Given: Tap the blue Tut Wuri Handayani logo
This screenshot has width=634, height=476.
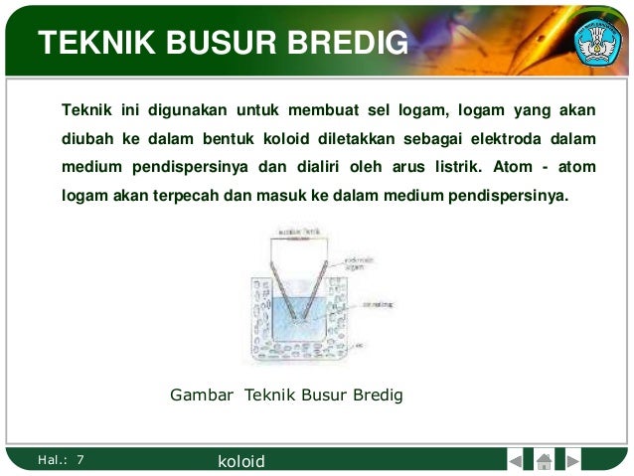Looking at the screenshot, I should pyautogui.click(x=599, y=41).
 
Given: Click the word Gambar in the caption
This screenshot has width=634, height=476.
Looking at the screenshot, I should pyautogui.click(x=202, y=395).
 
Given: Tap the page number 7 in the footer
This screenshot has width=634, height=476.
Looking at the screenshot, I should pyautogui.click(x=80, y=459).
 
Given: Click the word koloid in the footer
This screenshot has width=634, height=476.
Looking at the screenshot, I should pyautogui.click(x=241, y=461).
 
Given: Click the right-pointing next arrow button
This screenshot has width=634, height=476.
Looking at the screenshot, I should pyautogui.click(x=573, y=460).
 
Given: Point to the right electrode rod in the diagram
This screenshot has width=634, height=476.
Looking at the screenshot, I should pyautogui.click(x=318, y=288).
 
